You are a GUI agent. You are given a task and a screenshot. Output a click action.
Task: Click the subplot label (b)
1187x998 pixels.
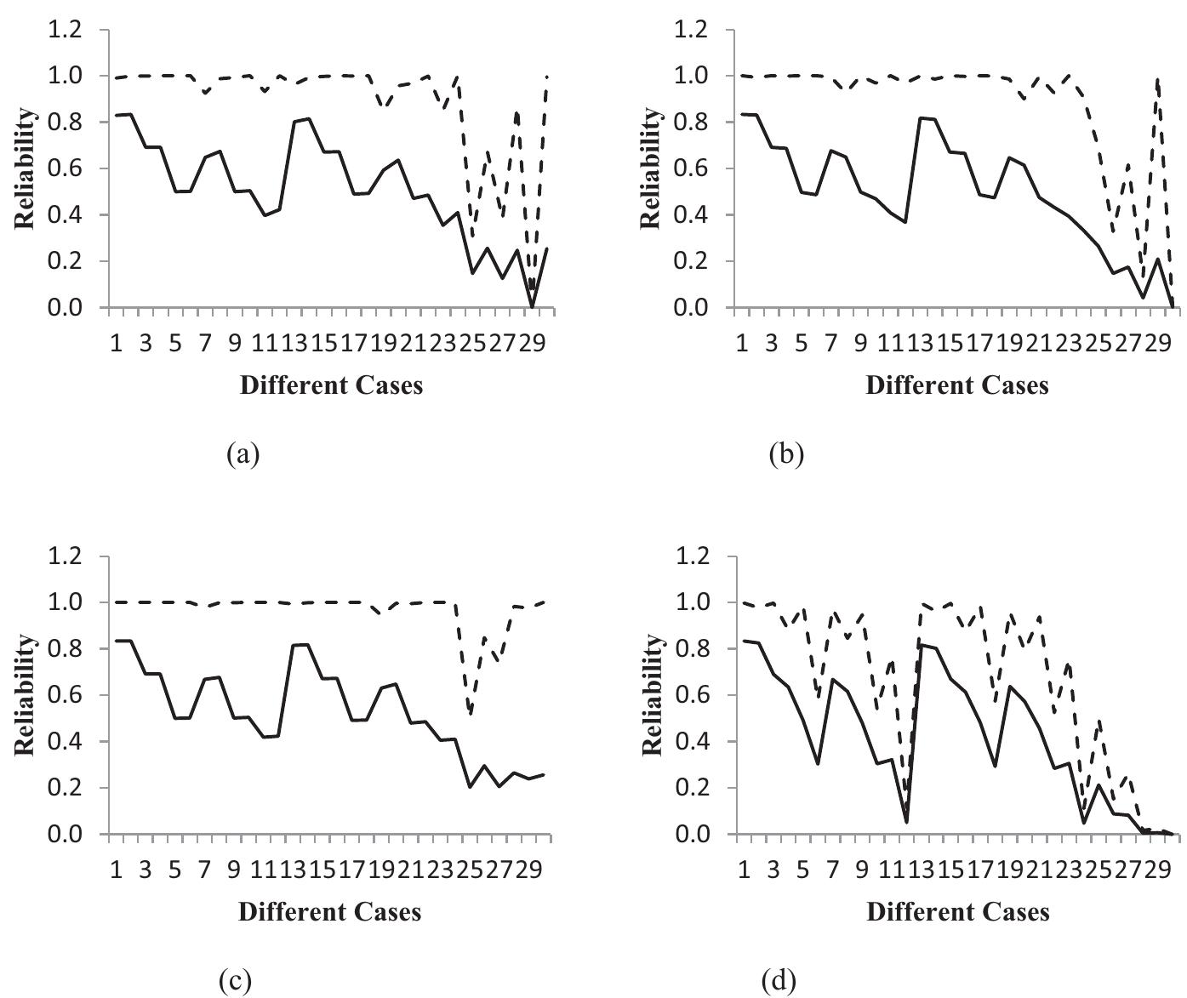785,454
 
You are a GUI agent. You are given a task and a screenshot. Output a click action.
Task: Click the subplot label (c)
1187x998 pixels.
235,981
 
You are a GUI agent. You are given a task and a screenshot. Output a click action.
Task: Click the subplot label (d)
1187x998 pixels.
779,981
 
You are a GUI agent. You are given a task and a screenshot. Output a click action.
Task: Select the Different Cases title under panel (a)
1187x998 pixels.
331,385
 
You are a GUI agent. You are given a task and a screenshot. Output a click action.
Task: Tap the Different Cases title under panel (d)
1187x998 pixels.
957,912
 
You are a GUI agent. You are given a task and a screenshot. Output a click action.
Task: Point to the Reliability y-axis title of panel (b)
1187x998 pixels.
651,168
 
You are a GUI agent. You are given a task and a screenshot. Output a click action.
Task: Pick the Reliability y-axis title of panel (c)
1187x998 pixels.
25,694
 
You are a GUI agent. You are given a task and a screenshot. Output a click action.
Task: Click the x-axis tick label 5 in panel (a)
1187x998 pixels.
175,344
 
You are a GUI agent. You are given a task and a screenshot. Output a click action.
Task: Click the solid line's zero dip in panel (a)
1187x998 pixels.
533,306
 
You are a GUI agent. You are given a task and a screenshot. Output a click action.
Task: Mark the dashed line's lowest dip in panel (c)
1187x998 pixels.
471,713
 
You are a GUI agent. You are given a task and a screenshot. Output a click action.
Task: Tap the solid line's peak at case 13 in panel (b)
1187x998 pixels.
921,117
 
